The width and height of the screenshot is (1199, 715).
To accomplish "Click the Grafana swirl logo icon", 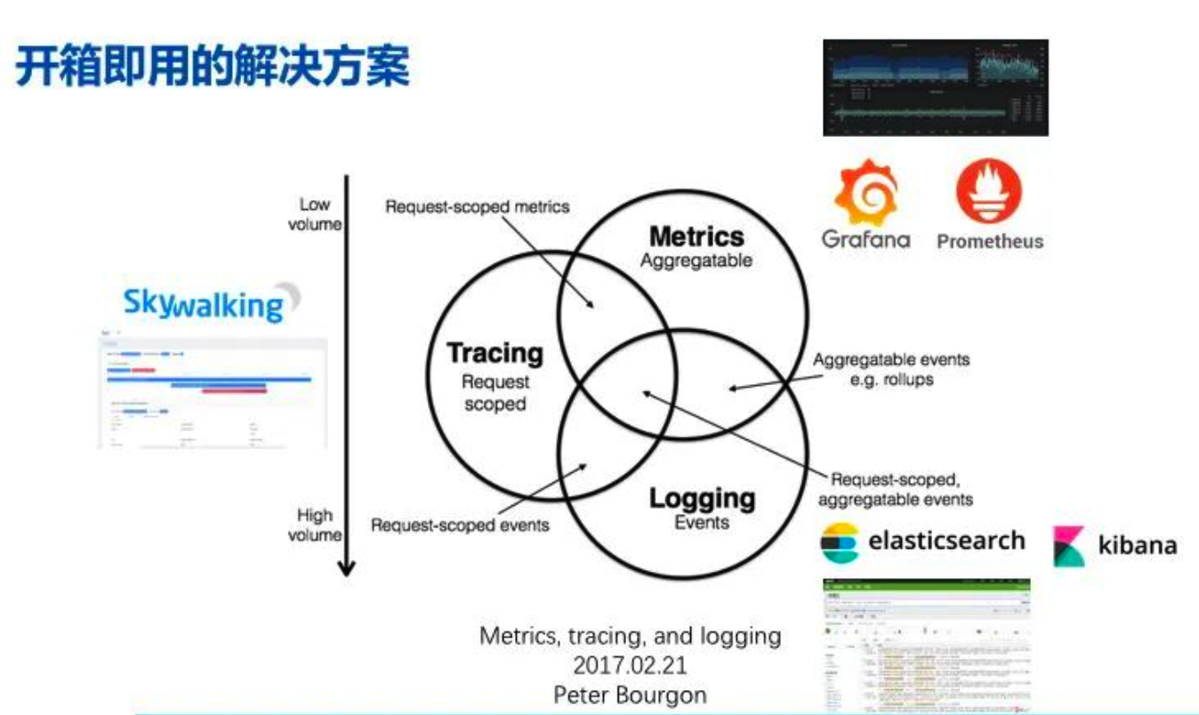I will click(x=865, y=191).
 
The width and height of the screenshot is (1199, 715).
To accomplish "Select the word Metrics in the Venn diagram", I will click(x=696, y=237).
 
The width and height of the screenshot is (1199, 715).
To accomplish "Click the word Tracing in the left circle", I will click(x=495, y=353).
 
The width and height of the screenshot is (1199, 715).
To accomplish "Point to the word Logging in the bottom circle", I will click(x=702, y=498).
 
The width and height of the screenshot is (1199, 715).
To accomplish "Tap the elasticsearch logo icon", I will click(x=840, y=542).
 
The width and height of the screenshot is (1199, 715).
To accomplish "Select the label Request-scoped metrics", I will click(x=477, y=207).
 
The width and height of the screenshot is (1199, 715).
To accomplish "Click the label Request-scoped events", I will click(x=460, y=525).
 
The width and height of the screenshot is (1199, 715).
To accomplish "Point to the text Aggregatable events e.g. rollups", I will click(x=891, y=369).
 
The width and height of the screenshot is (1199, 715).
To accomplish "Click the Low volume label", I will click(x=314, y=214).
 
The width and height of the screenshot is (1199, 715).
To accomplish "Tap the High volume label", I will click(x=314, y=525).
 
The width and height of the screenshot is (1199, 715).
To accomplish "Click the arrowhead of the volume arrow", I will click(x=347, y=567).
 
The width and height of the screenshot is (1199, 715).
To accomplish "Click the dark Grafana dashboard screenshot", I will click(x=936, y=87).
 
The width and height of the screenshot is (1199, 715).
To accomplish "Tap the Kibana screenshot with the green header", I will click(x=927, y=645).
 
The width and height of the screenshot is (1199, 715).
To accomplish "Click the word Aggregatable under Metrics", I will click(x=696, y=261).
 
